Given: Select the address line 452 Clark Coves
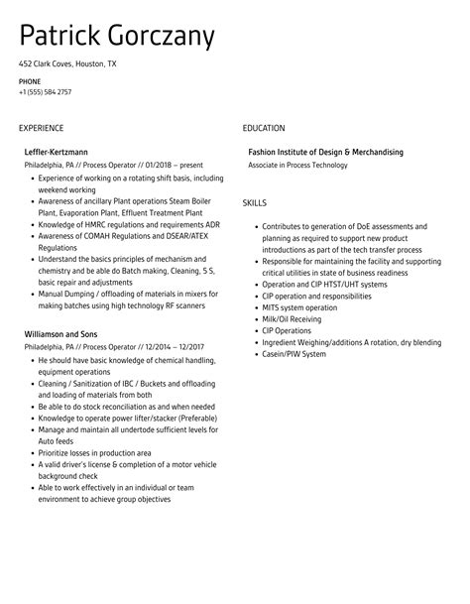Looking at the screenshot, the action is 66,64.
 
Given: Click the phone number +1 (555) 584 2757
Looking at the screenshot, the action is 45,92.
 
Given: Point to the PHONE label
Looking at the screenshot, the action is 30,80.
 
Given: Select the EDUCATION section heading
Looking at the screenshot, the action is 264,128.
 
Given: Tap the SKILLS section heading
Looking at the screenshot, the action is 255,203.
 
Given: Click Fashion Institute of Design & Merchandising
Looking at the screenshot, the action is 325,153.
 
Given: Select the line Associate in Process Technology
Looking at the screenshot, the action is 297,166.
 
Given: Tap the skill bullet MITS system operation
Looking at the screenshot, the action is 300,307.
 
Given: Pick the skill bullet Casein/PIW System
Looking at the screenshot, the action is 294,354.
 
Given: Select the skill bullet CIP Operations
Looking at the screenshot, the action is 287,330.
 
